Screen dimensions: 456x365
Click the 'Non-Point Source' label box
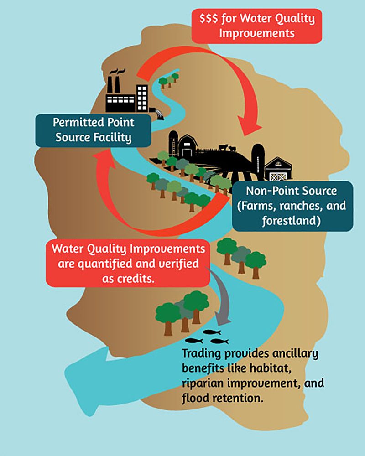pos(292,206)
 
